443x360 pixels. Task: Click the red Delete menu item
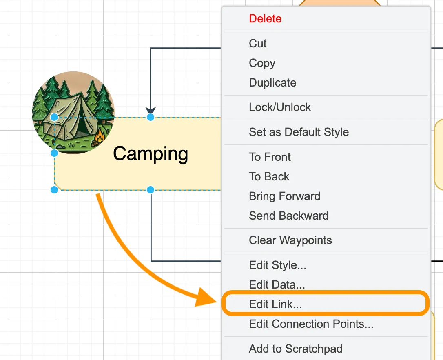click(x=265, y=19)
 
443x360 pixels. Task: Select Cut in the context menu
click(x=258, y=44)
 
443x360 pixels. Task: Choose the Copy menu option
click(x=262, y=63)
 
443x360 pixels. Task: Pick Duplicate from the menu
click(x=272, y=82)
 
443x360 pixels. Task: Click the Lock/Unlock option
click(x=280, y=107)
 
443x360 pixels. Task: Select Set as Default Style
click(x=299, y=132)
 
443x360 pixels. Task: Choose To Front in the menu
click(x=270, y=157)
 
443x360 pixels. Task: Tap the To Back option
click(x=269, y=176)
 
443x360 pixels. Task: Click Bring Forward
click(x=284, y=196)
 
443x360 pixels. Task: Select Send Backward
click(x=288, y=216)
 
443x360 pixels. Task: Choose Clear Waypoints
click(x=290, y=240)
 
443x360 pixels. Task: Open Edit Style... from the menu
click(x=277, y=265)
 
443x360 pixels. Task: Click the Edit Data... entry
click(x=277, y=284)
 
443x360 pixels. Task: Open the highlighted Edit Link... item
click(x=275, y=304)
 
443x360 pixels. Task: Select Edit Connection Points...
click(x=311, y=324)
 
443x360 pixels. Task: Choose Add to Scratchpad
click(x=295, y=349)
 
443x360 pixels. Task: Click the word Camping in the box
click(x=150, y=154)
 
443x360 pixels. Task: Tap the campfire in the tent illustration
click(x=100, y=136)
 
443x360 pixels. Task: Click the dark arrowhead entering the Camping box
click(x=151, y=110)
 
